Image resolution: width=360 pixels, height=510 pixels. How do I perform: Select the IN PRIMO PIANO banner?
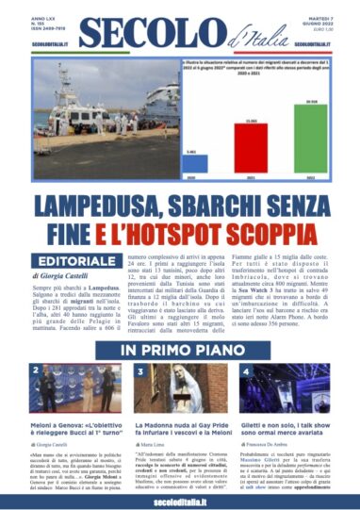pos(179,351)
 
